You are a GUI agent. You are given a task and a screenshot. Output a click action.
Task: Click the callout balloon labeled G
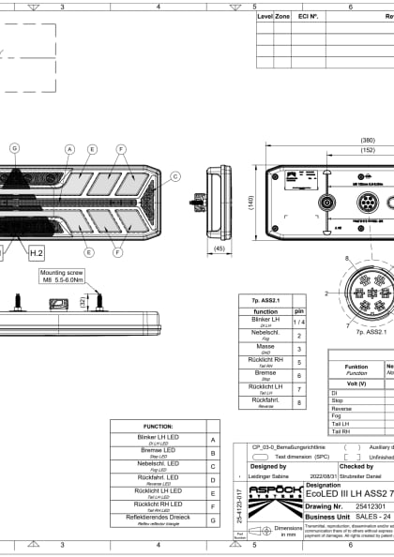point(14,148)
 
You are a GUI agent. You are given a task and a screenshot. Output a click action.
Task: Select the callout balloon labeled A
point(69,149)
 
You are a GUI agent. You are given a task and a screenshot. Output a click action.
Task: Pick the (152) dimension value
point(368,149)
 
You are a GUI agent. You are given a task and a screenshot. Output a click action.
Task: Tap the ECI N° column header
point(307,16)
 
